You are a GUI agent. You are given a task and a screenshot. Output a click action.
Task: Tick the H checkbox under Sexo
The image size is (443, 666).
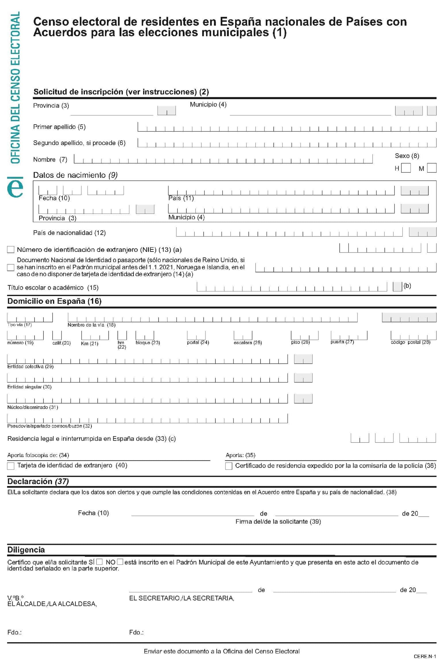406,168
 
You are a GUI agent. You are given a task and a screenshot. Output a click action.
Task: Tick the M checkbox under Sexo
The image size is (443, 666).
432,168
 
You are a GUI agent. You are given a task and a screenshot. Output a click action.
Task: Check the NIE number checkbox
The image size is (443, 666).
11,249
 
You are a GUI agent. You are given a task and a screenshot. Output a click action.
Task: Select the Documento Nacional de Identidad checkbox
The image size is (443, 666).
11,267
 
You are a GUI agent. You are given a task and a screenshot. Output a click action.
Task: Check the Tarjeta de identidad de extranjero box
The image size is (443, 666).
11,466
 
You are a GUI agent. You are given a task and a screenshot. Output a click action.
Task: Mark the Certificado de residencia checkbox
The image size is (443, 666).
229,466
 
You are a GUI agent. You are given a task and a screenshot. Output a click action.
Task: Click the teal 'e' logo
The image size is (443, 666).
15,187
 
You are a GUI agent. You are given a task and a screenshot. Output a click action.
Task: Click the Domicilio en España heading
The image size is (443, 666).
54,301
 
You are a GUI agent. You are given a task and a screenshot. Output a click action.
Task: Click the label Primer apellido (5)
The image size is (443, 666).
59,127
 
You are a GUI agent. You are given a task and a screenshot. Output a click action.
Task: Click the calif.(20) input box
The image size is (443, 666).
57,335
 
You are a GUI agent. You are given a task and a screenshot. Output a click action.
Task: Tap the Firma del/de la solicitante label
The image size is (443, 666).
278,521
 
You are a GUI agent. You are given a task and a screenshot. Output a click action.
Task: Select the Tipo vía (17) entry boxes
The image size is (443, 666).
30,317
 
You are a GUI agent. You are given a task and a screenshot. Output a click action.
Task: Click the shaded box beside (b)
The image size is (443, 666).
397,287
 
